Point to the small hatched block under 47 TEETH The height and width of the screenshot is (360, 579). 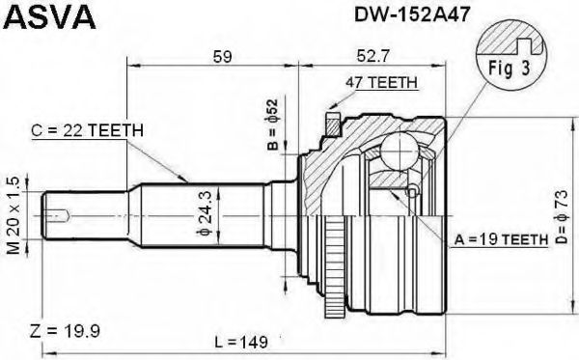[x=333, y=122]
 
